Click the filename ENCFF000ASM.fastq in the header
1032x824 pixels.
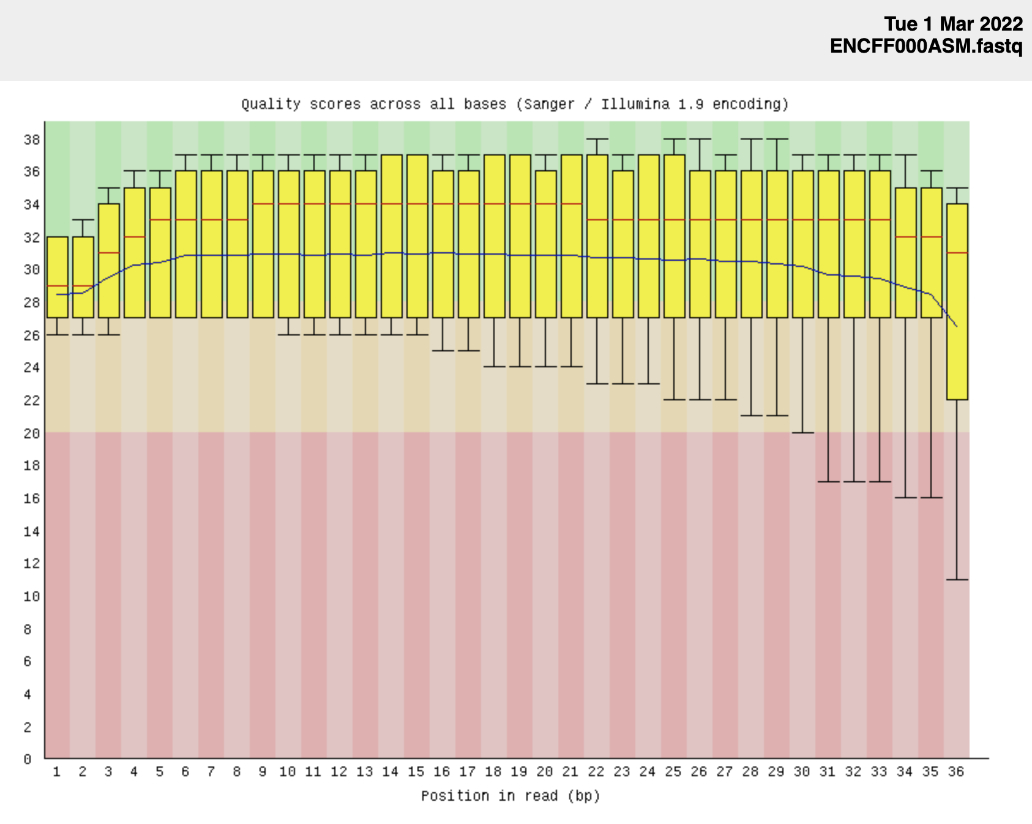tap(925, 46)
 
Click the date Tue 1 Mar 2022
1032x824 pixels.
tap(953, 24)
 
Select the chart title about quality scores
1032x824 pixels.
tap(515, 104)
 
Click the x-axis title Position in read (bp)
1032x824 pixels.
tap(510, 796)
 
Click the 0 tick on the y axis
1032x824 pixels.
tap(28, 760)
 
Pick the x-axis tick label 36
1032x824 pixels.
tap(955, 773)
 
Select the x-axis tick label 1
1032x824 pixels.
tap(57, 773)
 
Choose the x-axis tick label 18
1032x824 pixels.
tap(493, 773)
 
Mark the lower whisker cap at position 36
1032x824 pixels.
tap(957, 579)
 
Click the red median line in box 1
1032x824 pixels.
tap(58, 286)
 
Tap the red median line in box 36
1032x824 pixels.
tap(957, 253)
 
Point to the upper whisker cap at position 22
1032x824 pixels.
tap(597, 139)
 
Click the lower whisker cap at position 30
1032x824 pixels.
tap(803, 433)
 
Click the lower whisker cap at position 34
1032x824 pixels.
tap(906, 498)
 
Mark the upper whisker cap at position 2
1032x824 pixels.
tap(83, 220)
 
